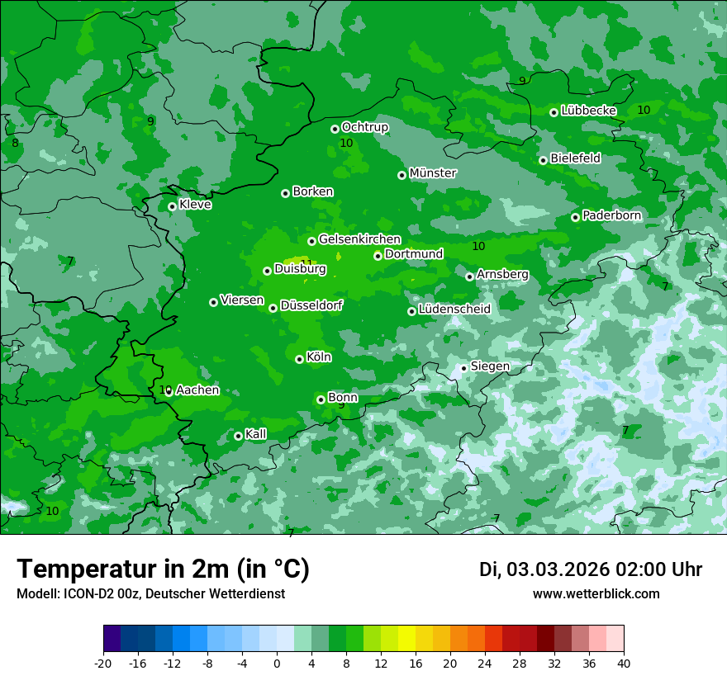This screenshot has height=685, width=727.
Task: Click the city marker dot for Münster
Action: (x=402, y=175)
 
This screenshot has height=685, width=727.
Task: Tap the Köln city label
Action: (x=319, y=357)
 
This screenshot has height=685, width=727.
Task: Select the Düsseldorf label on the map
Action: (x=311, y=306)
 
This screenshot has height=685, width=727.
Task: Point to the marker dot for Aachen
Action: (x=169, y=392)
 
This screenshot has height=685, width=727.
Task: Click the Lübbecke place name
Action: (x=588, y=111)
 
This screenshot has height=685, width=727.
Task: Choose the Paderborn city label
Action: (x=611, y=215)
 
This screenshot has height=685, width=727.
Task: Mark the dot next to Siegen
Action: (x=464, y=368)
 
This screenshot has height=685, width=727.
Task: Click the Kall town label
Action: (x=256, y=434)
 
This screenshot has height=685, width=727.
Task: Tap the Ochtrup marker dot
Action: (x=335, y=129)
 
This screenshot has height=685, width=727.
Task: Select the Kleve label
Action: (x=195, y=205)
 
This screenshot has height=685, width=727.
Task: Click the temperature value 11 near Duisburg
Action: (x=306, y=263)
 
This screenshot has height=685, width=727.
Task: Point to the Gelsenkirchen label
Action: (x=359, y=239)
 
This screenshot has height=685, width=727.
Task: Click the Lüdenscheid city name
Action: (x=454, y=309)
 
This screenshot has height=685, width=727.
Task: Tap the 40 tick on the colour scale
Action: (x=624, y=664)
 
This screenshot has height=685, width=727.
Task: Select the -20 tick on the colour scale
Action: (x=103, y=664)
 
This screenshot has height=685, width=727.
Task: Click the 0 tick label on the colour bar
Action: (x=277, y=664)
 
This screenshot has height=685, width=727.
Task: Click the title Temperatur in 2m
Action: (x=163, y=569)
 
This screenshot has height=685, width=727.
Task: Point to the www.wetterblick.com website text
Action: (x=596, y=594)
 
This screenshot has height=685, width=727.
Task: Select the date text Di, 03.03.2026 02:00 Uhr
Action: (x=591, y=569)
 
